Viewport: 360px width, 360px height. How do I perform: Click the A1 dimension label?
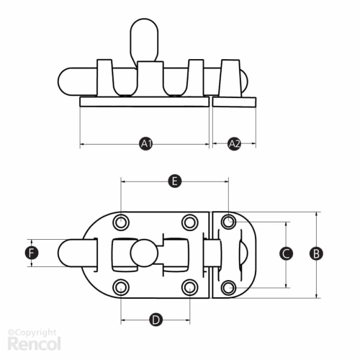point(146,144)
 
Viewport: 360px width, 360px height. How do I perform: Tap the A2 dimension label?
point(234,144)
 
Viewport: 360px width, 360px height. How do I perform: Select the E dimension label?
point(175,181)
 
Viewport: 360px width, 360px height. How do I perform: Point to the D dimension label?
point(156,320)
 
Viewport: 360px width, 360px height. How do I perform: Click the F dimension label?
point(32,253)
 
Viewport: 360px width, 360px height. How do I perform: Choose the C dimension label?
point(286,253)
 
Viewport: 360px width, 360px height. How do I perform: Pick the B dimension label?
point(316,253)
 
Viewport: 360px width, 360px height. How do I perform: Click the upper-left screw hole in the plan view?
point(121,222)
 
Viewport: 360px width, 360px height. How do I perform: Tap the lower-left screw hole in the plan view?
point(121,287)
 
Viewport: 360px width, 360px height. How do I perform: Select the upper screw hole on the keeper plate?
point(228,222)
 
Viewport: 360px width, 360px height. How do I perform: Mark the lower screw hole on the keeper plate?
point(228,287)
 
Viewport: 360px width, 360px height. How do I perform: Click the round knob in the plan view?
point(144,253)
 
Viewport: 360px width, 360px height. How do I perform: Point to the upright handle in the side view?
point(144,40)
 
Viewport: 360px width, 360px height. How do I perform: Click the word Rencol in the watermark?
point(34,343)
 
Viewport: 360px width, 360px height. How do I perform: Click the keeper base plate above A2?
point(234,102)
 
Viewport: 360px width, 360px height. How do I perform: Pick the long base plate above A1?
point(145,102)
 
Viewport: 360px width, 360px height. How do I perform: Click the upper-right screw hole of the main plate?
point(190,222)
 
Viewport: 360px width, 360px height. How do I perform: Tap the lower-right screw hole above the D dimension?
point(190,287)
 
